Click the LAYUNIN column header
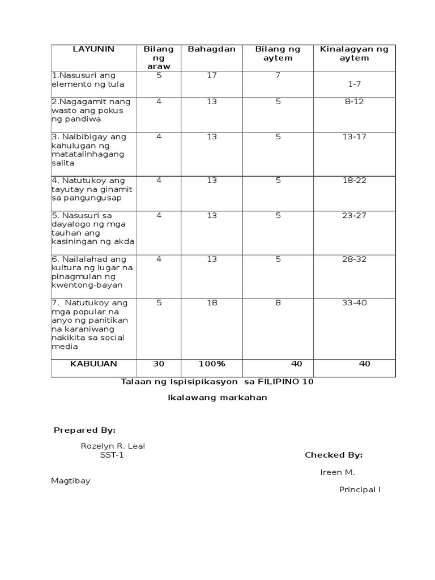[x=93, y=49]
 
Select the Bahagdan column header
[x=211, y=49]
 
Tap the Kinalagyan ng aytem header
[x=354, y=53]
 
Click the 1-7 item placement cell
[x=354, y=84]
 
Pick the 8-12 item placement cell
[x=354, y=102]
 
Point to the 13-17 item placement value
[x=354, y=137]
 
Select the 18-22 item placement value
[x=354, y=180]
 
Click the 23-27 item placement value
[x=354, y=215]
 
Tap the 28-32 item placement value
[x=354, y=259]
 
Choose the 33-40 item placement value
[x=354, y=302]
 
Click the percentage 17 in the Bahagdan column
[x=211, y=75]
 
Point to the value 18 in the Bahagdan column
[x=211, y=302]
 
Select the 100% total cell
[x=211, y=364]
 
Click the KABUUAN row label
[x=93, y=364]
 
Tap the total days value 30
[x=159, y=364]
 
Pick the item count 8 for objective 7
[x=278, y=302]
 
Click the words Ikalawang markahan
[x=217, y=398]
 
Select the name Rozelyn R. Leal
[x=113, y=446]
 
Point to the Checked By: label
[x=334, y=455]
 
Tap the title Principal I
[x=360, y=490]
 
